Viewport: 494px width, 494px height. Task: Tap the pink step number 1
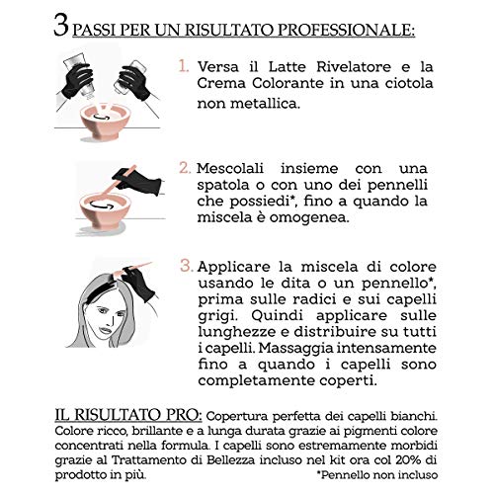pyautogui.click(x=184, y=68)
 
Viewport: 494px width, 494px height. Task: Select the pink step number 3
pyautogui.click(x=185, y=266)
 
